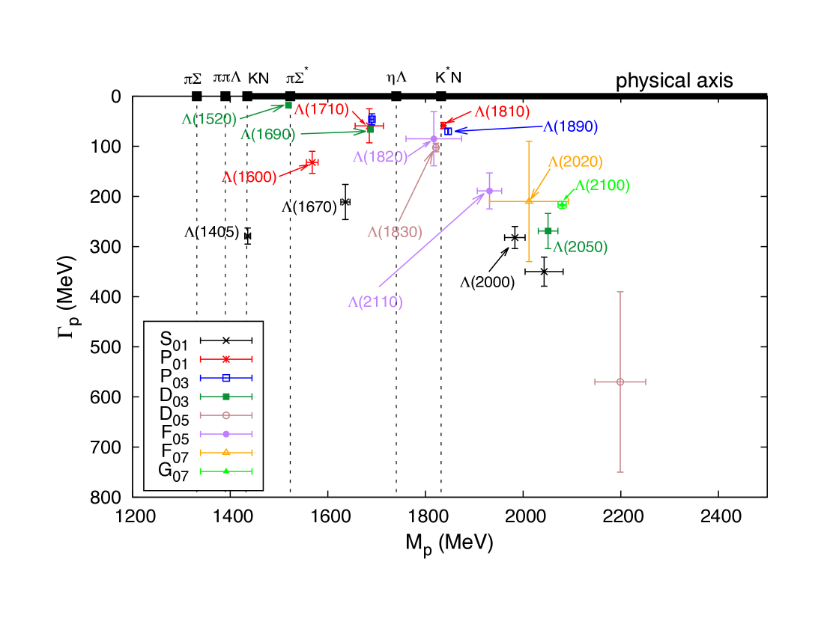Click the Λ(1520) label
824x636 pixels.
[209, 119]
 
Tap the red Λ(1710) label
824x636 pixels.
[321, 109]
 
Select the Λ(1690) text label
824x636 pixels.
[267, 135]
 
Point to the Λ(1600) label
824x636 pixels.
[249, 177]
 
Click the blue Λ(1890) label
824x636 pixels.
[570, 126]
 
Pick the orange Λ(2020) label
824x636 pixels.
[575, 162]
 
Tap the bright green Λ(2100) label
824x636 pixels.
[602, 186]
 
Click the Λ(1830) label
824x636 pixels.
[395, 232]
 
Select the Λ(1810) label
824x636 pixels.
[502, 111]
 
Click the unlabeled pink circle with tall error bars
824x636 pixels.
[620, 382]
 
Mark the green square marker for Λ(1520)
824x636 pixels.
[288, 105]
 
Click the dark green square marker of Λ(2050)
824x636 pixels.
[548, 230]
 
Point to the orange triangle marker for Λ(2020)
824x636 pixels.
[529, 201]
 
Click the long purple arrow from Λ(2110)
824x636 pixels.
[431, 240]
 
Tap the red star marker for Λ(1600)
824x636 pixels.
[312, 162]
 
